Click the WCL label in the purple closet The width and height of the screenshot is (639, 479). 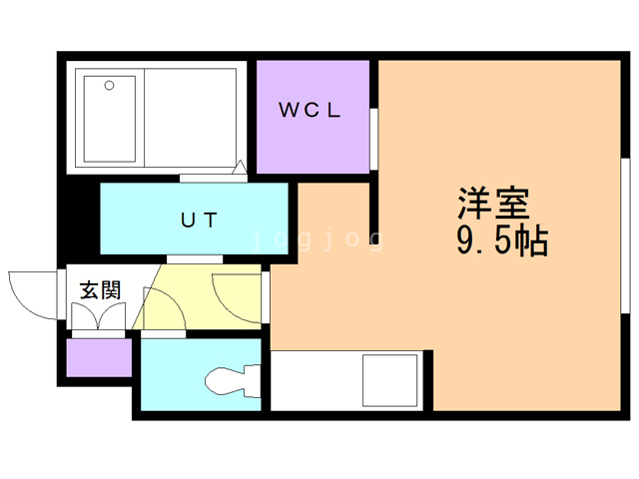point(310,110)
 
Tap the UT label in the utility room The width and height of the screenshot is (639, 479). point(199,220)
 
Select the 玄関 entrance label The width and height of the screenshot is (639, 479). point(100,290)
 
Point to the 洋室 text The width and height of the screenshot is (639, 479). point(493,204)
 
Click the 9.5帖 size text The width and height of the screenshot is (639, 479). point(502,240)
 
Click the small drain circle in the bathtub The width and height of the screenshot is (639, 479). point(109,86)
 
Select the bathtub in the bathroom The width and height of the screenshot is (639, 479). point(110,119)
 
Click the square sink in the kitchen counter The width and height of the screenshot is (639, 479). point(390,380)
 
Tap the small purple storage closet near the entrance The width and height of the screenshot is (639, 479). point(99,357)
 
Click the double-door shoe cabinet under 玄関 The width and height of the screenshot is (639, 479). point(98,316)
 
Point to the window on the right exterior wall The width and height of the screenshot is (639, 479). point(625,236)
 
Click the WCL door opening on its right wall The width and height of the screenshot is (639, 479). point(373,139)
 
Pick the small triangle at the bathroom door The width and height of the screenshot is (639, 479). point(240,167)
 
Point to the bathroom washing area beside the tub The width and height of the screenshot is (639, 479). point(191,118)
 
